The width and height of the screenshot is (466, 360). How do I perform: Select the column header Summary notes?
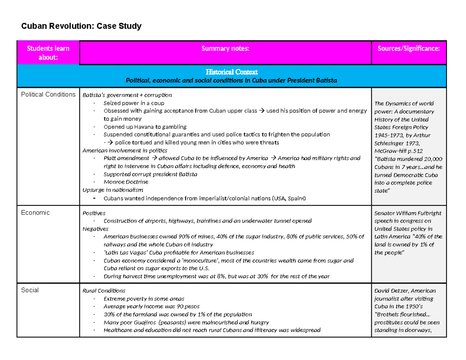pos(225,48)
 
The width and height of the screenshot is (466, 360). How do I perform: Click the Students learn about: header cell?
pos(48,52)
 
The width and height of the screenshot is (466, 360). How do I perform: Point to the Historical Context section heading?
pos(231,72)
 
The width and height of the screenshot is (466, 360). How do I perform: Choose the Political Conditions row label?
pos(48,94)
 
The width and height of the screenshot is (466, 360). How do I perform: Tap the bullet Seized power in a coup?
pos(134,103)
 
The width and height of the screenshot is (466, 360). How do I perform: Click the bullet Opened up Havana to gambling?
pos(145,127)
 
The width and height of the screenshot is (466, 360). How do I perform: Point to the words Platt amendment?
pos(126,158)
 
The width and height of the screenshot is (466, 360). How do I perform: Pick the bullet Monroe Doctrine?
pos(126,182)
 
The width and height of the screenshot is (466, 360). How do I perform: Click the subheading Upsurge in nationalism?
pos(113,190)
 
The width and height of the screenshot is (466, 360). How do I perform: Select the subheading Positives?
pos(94,213)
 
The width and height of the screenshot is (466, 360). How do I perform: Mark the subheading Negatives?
pos(96,229)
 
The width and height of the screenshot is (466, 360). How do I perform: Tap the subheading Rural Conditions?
pos(104,290)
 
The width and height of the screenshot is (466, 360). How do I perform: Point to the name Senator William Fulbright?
pos(407,213)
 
